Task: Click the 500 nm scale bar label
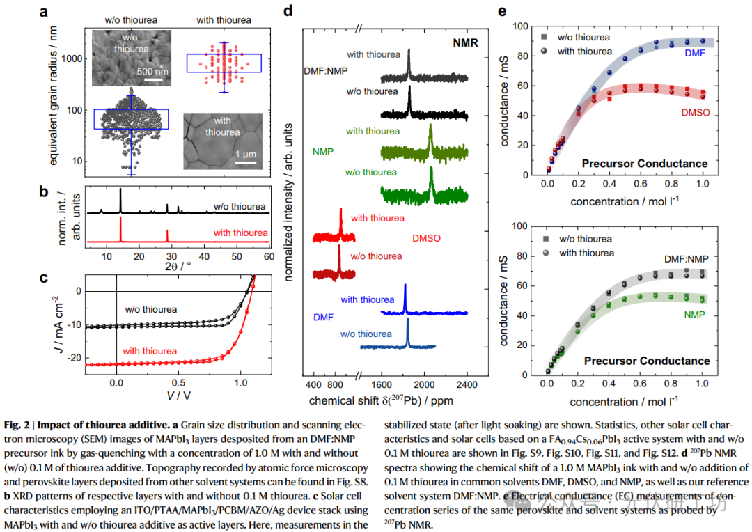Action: point(152,71)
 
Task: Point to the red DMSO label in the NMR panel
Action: point(426,239)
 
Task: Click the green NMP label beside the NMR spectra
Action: point(323,152)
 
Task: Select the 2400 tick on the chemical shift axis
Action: point(467,384)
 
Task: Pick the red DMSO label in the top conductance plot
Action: point(695,111)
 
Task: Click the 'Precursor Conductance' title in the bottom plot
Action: point(646,361)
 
